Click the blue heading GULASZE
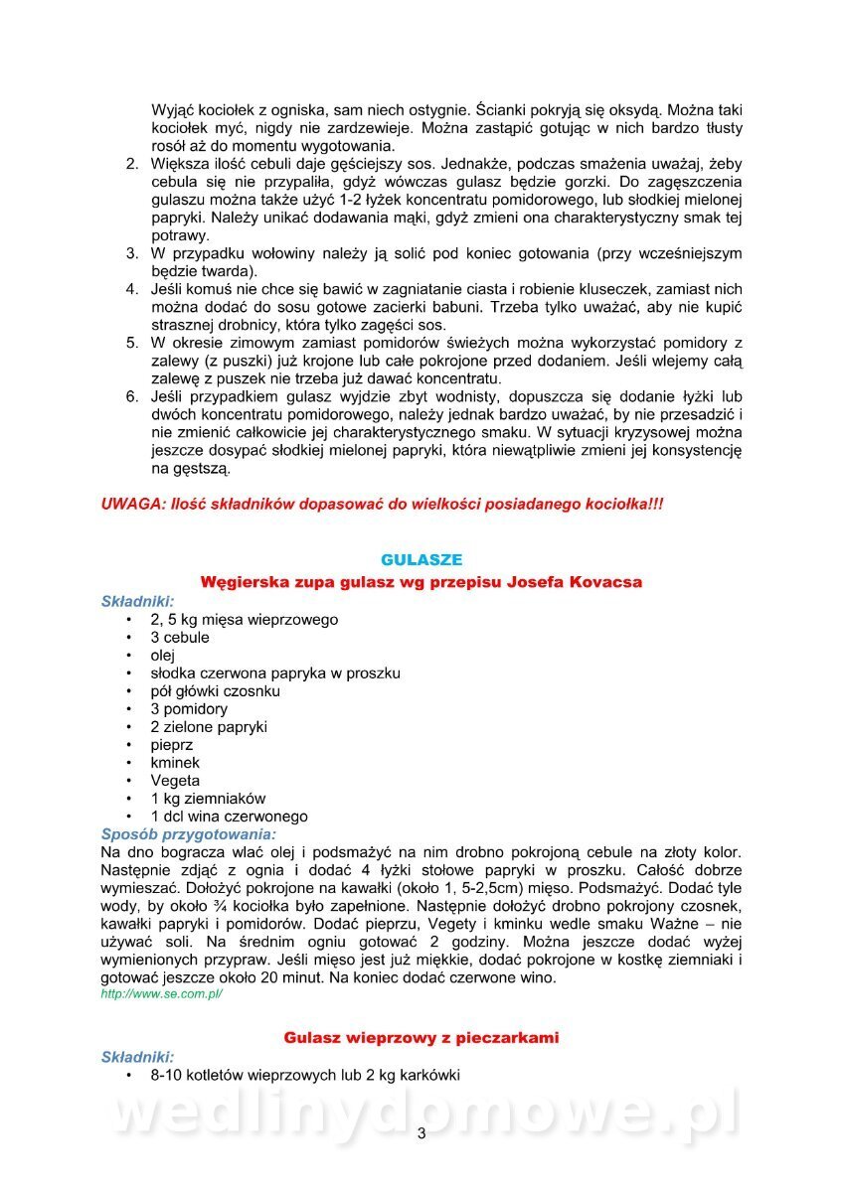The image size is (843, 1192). pyautogui.click(x=421, y=560)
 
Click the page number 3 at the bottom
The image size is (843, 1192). pyautogui.click(x=421, y=1134)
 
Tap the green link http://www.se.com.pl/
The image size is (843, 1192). pyautogui.click(x=161, y=994)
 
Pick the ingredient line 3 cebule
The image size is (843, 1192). pyautogui.click(x=180, y=638)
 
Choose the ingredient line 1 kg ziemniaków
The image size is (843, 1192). pyautogui.click(x=208, y=799)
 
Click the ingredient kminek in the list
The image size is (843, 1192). pyautogui.click(x=175, y=763)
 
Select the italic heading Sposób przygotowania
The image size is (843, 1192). pyautogui.click(x=189, y=833)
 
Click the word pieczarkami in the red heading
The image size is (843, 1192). pyautogui.click(x=509, y=1038)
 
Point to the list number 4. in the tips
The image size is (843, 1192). pyautogui.click(x=131, y=289)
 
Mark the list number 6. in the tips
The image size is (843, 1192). pyautogui.click(x=131, y=396)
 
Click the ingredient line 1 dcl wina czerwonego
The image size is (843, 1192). pyautogui.click(x=229, y=817)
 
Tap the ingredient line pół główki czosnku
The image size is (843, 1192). pyautogui.click(x=215, y=691)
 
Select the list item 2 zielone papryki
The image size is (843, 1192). pyautogui.click(x=209, y=727)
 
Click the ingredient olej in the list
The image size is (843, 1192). pyautogui.click(x=163, y=656)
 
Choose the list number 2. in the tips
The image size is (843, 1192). pyautogui.click(x=131, y=164)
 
